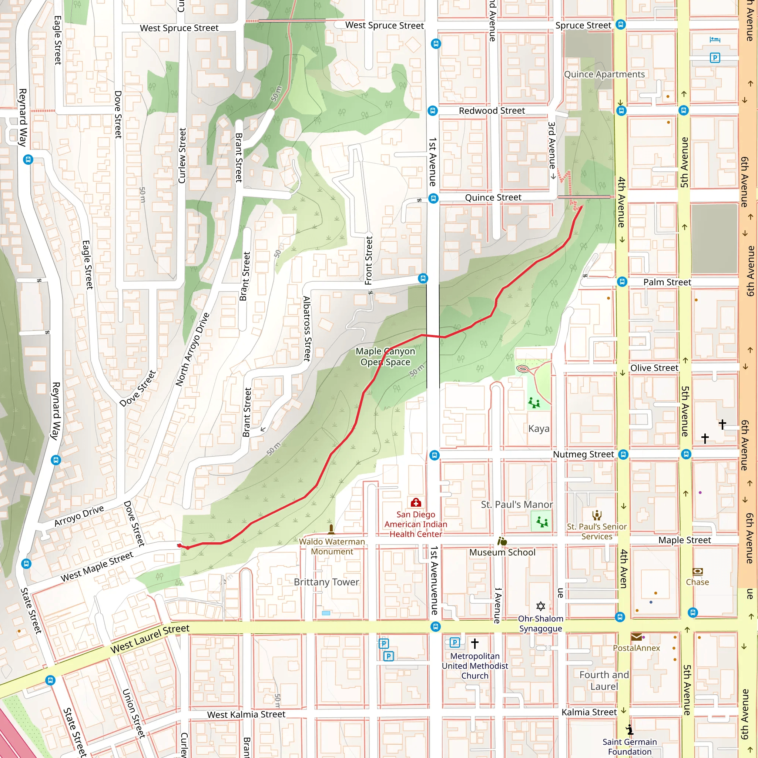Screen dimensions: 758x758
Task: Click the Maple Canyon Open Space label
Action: pos(385,356)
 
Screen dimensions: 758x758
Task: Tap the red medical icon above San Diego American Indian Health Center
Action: pos(416,503)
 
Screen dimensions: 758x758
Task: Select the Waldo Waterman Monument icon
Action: pos(331,529)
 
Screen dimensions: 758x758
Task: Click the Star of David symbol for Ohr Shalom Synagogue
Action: pos(541,606)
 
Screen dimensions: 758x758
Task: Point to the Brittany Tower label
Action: pos(326,582)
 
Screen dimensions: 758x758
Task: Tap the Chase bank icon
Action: pos(698,571)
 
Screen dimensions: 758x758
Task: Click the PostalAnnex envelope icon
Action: pos(636,637)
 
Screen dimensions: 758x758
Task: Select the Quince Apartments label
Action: pos(604,74)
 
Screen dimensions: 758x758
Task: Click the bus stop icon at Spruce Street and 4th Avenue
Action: pos(621,25)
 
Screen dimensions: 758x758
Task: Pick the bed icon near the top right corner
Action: pos(715,40)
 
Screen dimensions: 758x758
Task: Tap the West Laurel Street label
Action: pos(150,639)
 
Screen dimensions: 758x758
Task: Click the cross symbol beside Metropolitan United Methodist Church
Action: pos(475,643)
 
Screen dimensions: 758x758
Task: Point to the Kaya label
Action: pos(539,429)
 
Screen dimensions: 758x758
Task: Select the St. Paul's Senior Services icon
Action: pos(597,515)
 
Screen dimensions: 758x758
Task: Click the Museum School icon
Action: pos(502,541)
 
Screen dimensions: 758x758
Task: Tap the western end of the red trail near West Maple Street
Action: pos(179,545)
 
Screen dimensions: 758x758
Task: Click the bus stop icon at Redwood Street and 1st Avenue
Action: pos(432,111)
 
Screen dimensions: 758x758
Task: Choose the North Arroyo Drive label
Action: pos(192,349)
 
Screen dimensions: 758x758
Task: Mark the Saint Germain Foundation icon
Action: pos(630,730)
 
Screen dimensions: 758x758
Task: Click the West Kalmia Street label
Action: pos(246,714)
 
